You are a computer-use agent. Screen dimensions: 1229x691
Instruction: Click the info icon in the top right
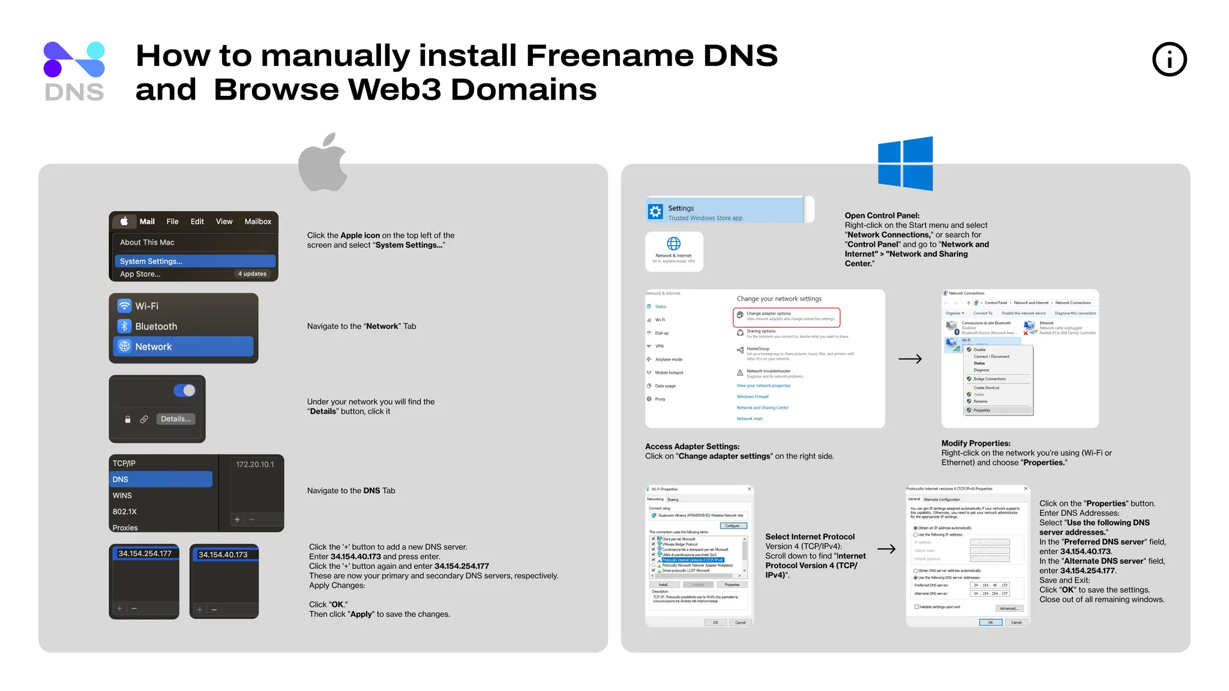pos(1169,59)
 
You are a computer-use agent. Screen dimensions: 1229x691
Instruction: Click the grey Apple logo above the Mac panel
pos(323,163)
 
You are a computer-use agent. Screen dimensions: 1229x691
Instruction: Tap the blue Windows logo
pos(905,163)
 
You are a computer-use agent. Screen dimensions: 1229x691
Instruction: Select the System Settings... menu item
pos(194,261)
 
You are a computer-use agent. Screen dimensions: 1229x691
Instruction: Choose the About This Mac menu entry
pos(147,242)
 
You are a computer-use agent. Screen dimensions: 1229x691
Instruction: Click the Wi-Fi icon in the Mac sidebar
pos(124,306)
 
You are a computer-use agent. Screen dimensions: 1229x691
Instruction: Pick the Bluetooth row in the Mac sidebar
pos(156,326)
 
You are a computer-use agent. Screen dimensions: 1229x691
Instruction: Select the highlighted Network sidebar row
pos(183,347)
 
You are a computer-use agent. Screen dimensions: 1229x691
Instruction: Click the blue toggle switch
pos(184,390)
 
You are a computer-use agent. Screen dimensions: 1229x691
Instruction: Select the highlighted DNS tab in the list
pos(161,479)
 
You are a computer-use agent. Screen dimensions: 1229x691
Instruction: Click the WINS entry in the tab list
pos(122,495)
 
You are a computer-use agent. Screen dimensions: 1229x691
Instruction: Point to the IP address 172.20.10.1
pos(254,464)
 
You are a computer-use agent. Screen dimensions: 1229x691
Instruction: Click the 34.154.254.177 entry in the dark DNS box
pos(145,554)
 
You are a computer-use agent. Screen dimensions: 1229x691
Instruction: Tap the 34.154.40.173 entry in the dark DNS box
pos(223,555)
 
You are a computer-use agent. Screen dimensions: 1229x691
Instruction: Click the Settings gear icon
pos(655,212)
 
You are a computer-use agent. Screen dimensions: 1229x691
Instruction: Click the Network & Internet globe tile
pos(674,251)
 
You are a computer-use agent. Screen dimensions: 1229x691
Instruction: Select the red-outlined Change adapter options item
pos(786,316)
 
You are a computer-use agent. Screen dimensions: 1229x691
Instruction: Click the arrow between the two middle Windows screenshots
pos(910,359)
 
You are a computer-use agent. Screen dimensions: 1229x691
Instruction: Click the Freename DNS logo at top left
pos(74,71)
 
